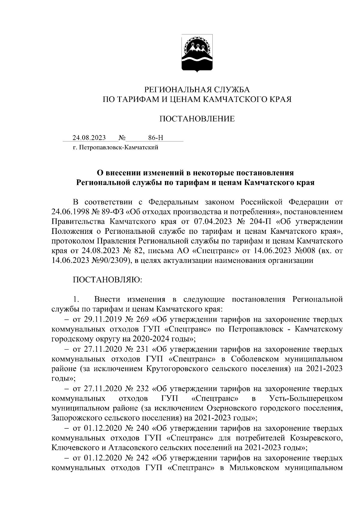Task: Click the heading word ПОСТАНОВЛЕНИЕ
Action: coord(197,119)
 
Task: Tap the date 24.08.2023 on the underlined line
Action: coord(89,138)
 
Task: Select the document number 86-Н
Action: coord(156,138)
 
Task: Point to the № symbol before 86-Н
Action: coord(122,138)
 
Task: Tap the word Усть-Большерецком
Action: coord(306,398)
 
